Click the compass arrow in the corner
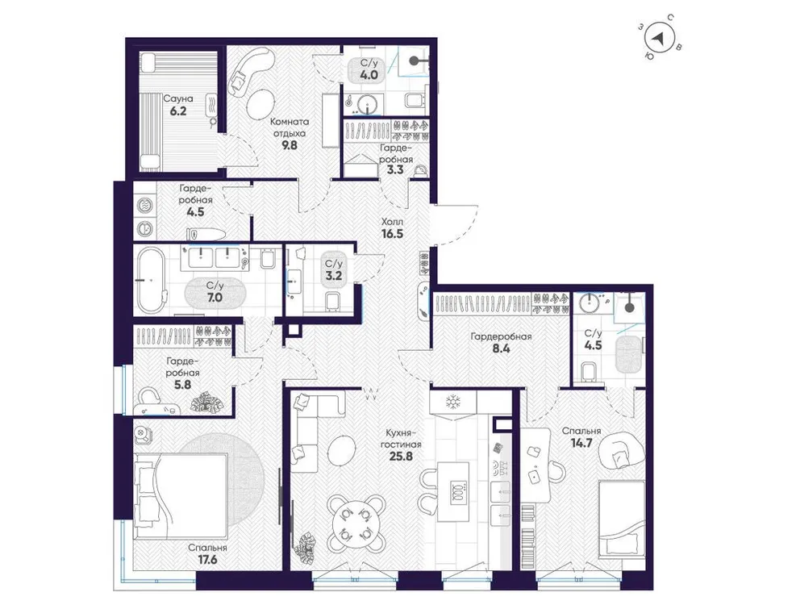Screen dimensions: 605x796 pyautogui.click(x=661, y=39)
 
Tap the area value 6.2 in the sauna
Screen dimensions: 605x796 pyautogui.click(x=177, y=113)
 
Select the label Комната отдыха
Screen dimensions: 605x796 pyautogui.click(x=286, y=129)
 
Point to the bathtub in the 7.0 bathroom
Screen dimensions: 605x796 pyautogui.click(x=152, y=279)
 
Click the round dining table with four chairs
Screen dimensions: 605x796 pyautogui.click(x=352, y=522)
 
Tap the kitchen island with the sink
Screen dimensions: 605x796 pyautogui.click(x=457, y=490)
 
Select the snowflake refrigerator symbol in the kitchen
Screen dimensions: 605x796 pyautogui.click(x=452, y=401)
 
